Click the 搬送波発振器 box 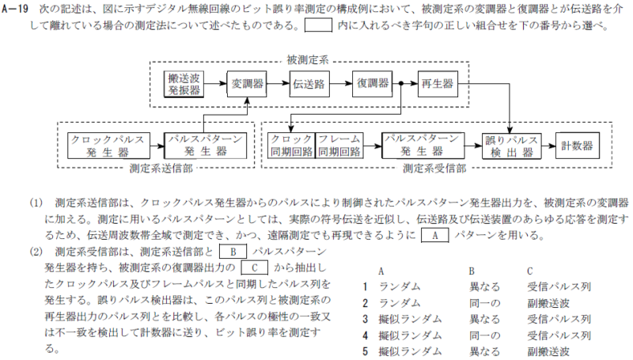click(184, 83)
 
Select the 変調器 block click(247, 83)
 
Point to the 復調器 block click(373, 83)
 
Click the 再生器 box click(437, 83)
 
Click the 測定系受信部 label click(434, 168)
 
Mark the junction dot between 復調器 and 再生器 click(403, 83)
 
